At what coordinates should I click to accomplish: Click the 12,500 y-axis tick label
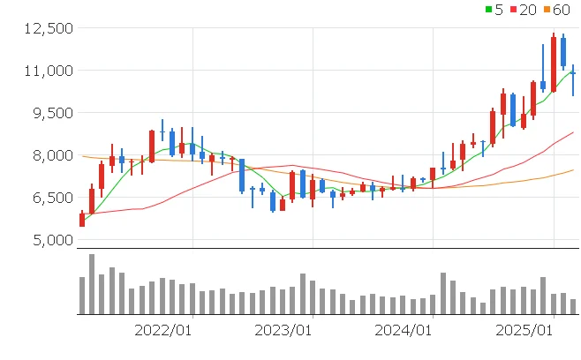pyautogui.click(x=48, y=28)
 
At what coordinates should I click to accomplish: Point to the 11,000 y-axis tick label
pyautogui.click(x=48, y=71)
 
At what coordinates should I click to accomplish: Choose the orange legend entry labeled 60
pyautogui.click(x=555, y=10)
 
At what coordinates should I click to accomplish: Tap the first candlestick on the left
pyautogui.click(x=82, y=219)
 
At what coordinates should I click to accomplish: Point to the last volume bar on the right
pyautogui.click(x=573, y=306)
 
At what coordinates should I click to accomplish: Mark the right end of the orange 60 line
pyautogui.click(x=573, y=169)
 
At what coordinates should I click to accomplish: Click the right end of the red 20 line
pyautogui.click(x=573, y=132)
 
